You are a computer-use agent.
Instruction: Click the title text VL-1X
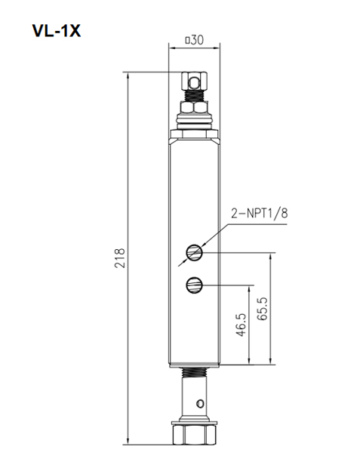click(x=55, y=31)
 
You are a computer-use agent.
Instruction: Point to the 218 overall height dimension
click(x=119, y=257)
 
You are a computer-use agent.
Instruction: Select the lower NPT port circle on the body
click(x=194, y=285)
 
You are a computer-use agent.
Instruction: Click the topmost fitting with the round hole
click(x=194, y=80)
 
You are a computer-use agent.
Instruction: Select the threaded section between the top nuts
click(x=194, y=97)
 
